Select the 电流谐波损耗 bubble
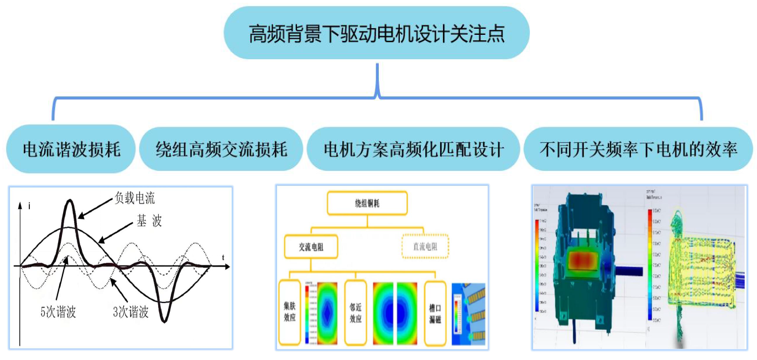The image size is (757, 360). click(x=71, y=149)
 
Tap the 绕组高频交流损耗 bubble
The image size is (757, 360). click(x=221, y=149)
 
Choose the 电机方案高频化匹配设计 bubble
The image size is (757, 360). click(x=414, y=149)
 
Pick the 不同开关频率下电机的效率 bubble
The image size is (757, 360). click(x=639, y=149)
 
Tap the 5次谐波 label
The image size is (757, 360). click(x=58, y=312)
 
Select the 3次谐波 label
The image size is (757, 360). click(x=130, y=312)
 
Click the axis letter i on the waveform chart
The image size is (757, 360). click(x=28, y=206)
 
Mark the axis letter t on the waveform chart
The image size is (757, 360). click(x=223, y=257)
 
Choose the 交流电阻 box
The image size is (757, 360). click(x=311, y=247)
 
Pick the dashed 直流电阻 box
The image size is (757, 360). click(x=424, y=247)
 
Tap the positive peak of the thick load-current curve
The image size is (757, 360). click(x=69, y=202)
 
